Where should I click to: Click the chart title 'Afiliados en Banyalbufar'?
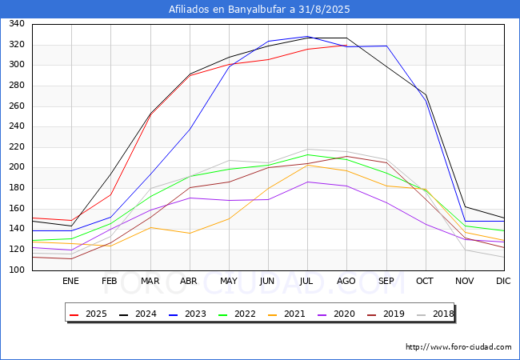coord(259,10)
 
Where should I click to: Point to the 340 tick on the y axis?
coord(15,24)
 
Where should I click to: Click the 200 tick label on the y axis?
coord(15,167)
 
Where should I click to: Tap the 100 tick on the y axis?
coord(15,270)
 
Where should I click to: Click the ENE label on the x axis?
coord(71,281)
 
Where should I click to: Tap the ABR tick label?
coord(189,281)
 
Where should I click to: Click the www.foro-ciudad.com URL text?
coord(458,347)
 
